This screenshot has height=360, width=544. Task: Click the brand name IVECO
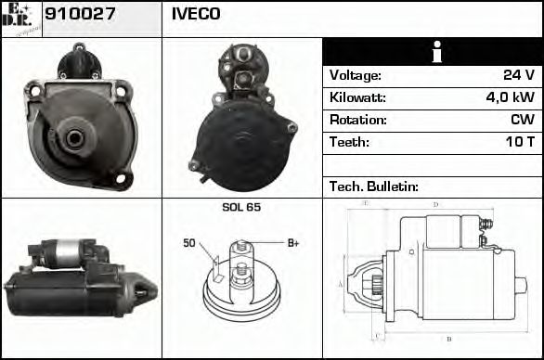(195, 14)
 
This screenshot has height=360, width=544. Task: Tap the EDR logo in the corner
(20, 18)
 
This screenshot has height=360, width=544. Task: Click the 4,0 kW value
(511, 97)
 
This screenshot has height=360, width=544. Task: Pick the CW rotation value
(522, 120)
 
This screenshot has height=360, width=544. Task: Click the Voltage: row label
(355, 75)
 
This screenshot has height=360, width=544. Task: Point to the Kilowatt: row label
(358, 97)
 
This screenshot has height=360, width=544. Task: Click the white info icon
(433, 52)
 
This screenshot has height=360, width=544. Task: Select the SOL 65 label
(241, 207)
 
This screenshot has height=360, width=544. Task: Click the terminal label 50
(189, 243)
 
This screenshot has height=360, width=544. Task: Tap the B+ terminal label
(293, 243)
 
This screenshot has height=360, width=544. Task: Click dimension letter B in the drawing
(448, 339)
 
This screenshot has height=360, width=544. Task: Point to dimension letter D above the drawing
(435, 204)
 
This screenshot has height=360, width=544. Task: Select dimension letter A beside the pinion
(341, 284)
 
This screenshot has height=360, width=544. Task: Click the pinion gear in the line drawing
(374, 282)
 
